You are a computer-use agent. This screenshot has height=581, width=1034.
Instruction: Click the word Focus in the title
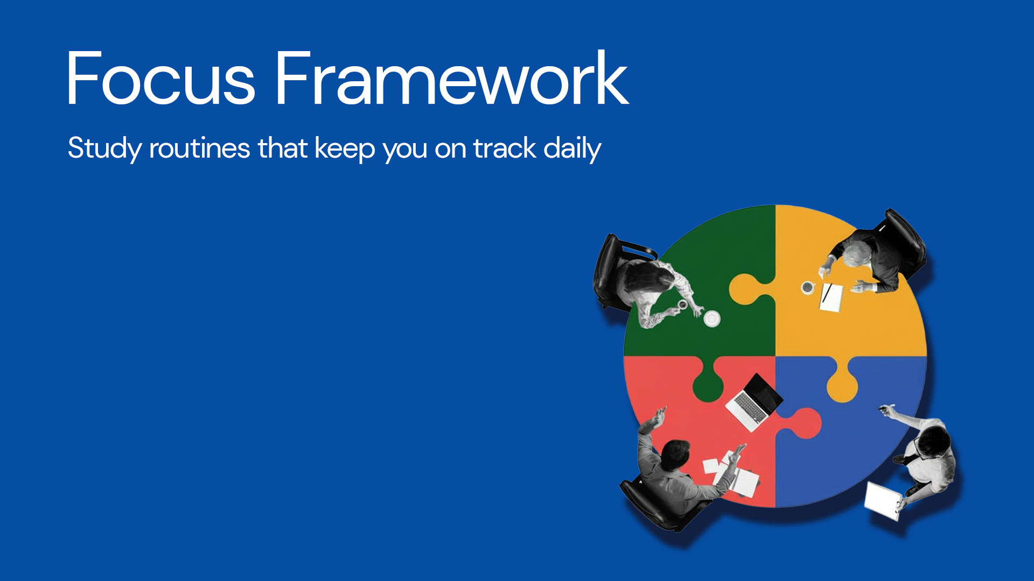[x=160, y=79]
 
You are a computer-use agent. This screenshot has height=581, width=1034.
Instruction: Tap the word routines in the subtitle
[x=199, y=148]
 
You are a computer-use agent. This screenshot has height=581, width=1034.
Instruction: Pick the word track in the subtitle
[x=505, y=148]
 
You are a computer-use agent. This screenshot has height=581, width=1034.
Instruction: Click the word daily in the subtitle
[x=572, y=149]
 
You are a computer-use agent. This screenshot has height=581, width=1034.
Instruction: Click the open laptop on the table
[x=754, y=402]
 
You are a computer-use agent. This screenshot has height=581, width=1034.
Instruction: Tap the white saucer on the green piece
[x=711, y=318]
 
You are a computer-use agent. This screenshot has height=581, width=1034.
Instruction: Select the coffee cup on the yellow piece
[x=807, y=287]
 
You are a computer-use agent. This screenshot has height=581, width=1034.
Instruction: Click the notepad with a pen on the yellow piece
[x=831, y=297]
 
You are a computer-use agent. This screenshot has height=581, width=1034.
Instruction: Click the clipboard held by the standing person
[x=882, y=501]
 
